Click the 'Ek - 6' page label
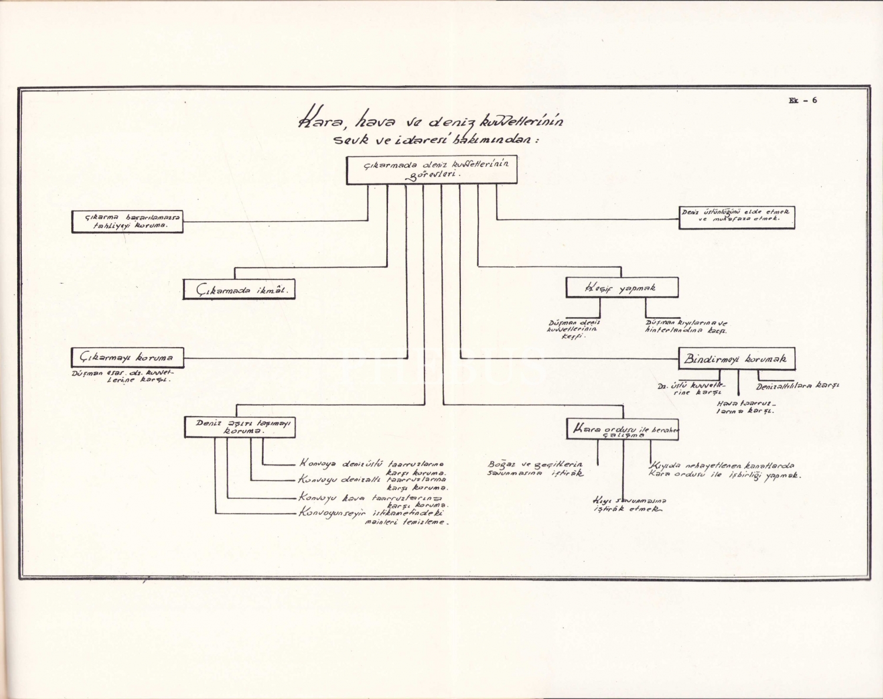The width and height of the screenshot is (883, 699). coord(802,100)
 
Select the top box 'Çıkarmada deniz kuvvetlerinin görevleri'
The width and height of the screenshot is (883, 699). coord(431,170)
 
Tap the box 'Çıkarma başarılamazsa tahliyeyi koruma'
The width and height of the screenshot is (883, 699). coord(127,221)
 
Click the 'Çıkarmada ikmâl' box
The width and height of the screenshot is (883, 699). coord(238,289)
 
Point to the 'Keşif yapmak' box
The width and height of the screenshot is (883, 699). coord(622,288)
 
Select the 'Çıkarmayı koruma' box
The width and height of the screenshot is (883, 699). coord(127,357)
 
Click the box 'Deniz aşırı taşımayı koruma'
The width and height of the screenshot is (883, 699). coord(240,427)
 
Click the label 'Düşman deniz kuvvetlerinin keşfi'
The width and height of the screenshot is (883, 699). coord(573,329)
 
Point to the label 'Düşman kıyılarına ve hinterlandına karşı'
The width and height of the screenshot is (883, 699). coord(686,327)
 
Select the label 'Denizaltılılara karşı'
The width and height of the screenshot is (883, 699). coord(798,386)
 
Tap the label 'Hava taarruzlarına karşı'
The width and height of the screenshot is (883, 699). coord(746,407)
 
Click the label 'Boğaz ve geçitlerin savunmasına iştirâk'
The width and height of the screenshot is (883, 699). coord(535,468)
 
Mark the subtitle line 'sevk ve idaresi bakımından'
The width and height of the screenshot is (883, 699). coord(436,141)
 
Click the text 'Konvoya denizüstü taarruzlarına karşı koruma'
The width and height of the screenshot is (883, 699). coord(373,467)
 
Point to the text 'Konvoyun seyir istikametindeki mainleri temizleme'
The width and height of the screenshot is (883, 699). coord(373,517)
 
